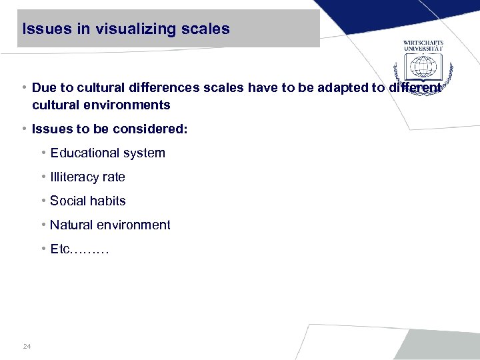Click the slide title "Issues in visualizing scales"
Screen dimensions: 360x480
coord(126,29)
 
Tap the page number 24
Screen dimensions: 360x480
coord(27,346)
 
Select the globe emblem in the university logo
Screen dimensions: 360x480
coord(423,67)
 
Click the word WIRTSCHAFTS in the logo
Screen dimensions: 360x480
coord(423,43)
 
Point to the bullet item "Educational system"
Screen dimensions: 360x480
coord(107,153)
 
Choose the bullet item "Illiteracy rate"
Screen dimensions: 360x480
coord(87,177)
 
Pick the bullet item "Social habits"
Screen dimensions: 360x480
coord(87,201)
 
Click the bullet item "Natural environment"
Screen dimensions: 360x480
coord(110,225)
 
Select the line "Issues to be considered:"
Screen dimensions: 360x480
coord(109,129)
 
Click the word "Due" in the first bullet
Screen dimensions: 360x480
coord(44,88)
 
